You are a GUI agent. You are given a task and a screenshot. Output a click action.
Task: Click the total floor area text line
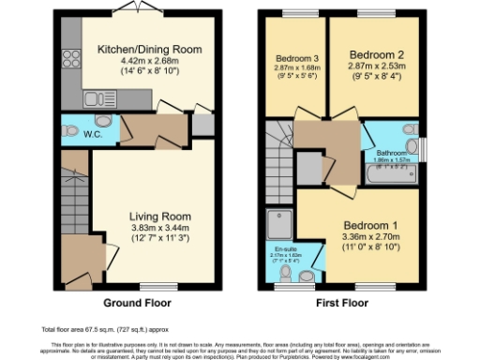pyautogui.click(x=91, y=330)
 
